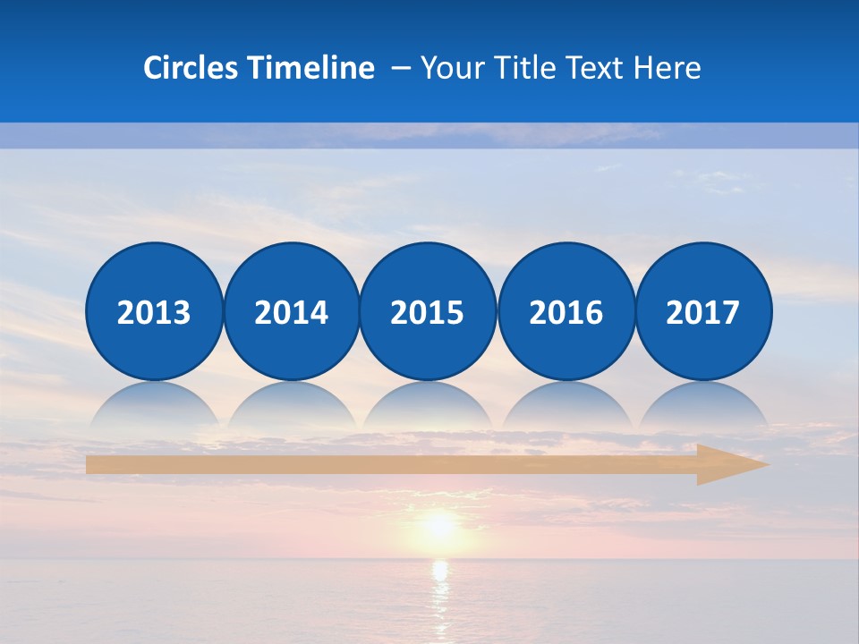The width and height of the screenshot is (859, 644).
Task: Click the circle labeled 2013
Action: point(154,311)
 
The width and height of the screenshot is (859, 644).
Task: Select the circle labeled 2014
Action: point(291,311)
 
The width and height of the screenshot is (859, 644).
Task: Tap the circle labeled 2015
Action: point(428,311)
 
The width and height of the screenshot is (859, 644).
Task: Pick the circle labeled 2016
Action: point(566,311)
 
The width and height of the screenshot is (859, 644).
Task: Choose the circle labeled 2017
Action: point(703,311)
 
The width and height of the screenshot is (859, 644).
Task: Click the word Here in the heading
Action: point(668,68)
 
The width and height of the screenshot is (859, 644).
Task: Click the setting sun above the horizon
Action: point(438,525)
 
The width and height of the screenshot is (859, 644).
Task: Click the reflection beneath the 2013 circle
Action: point(154,405)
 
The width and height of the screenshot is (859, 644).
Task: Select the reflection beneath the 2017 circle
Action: point(703,405)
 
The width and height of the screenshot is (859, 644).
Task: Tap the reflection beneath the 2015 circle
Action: point(428,405)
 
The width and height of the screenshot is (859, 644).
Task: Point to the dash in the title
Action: point(400,69)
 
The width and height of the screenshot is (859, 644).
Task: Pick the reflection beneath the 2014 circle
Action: point(291,405)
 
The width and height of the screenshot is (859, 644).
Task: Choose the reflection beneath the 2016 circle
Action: point(566,405)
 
